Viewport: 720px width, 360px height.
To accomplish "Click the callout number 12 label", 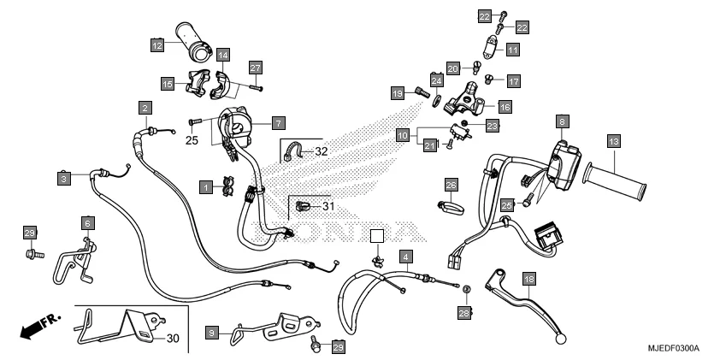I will [x=157, y=44].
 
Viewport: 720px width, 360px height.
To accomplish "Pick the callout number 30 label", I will [x=173, y=339].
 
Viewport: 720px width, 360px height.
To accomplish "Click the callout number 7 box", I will [x=279, y=123].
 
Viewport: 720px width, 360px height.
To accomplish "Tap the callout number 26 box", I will [x=451, y=184].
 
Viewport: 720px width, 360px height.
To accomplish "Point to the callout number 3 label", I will [x=63, y=178].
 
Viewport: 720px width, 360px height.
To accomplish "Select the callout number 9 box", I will [x=213, y=330].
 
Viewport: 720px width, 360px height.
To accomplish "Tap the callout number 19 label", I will [x=397, y=92].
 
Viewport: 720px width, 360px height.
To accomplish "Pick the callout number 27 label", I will [x=255, y=68].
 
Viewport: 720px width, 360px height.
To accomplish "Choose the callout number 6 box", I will [x=87, y=222].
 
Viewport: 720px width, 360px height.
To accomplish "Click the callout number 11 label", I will [x=512, y=50].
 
